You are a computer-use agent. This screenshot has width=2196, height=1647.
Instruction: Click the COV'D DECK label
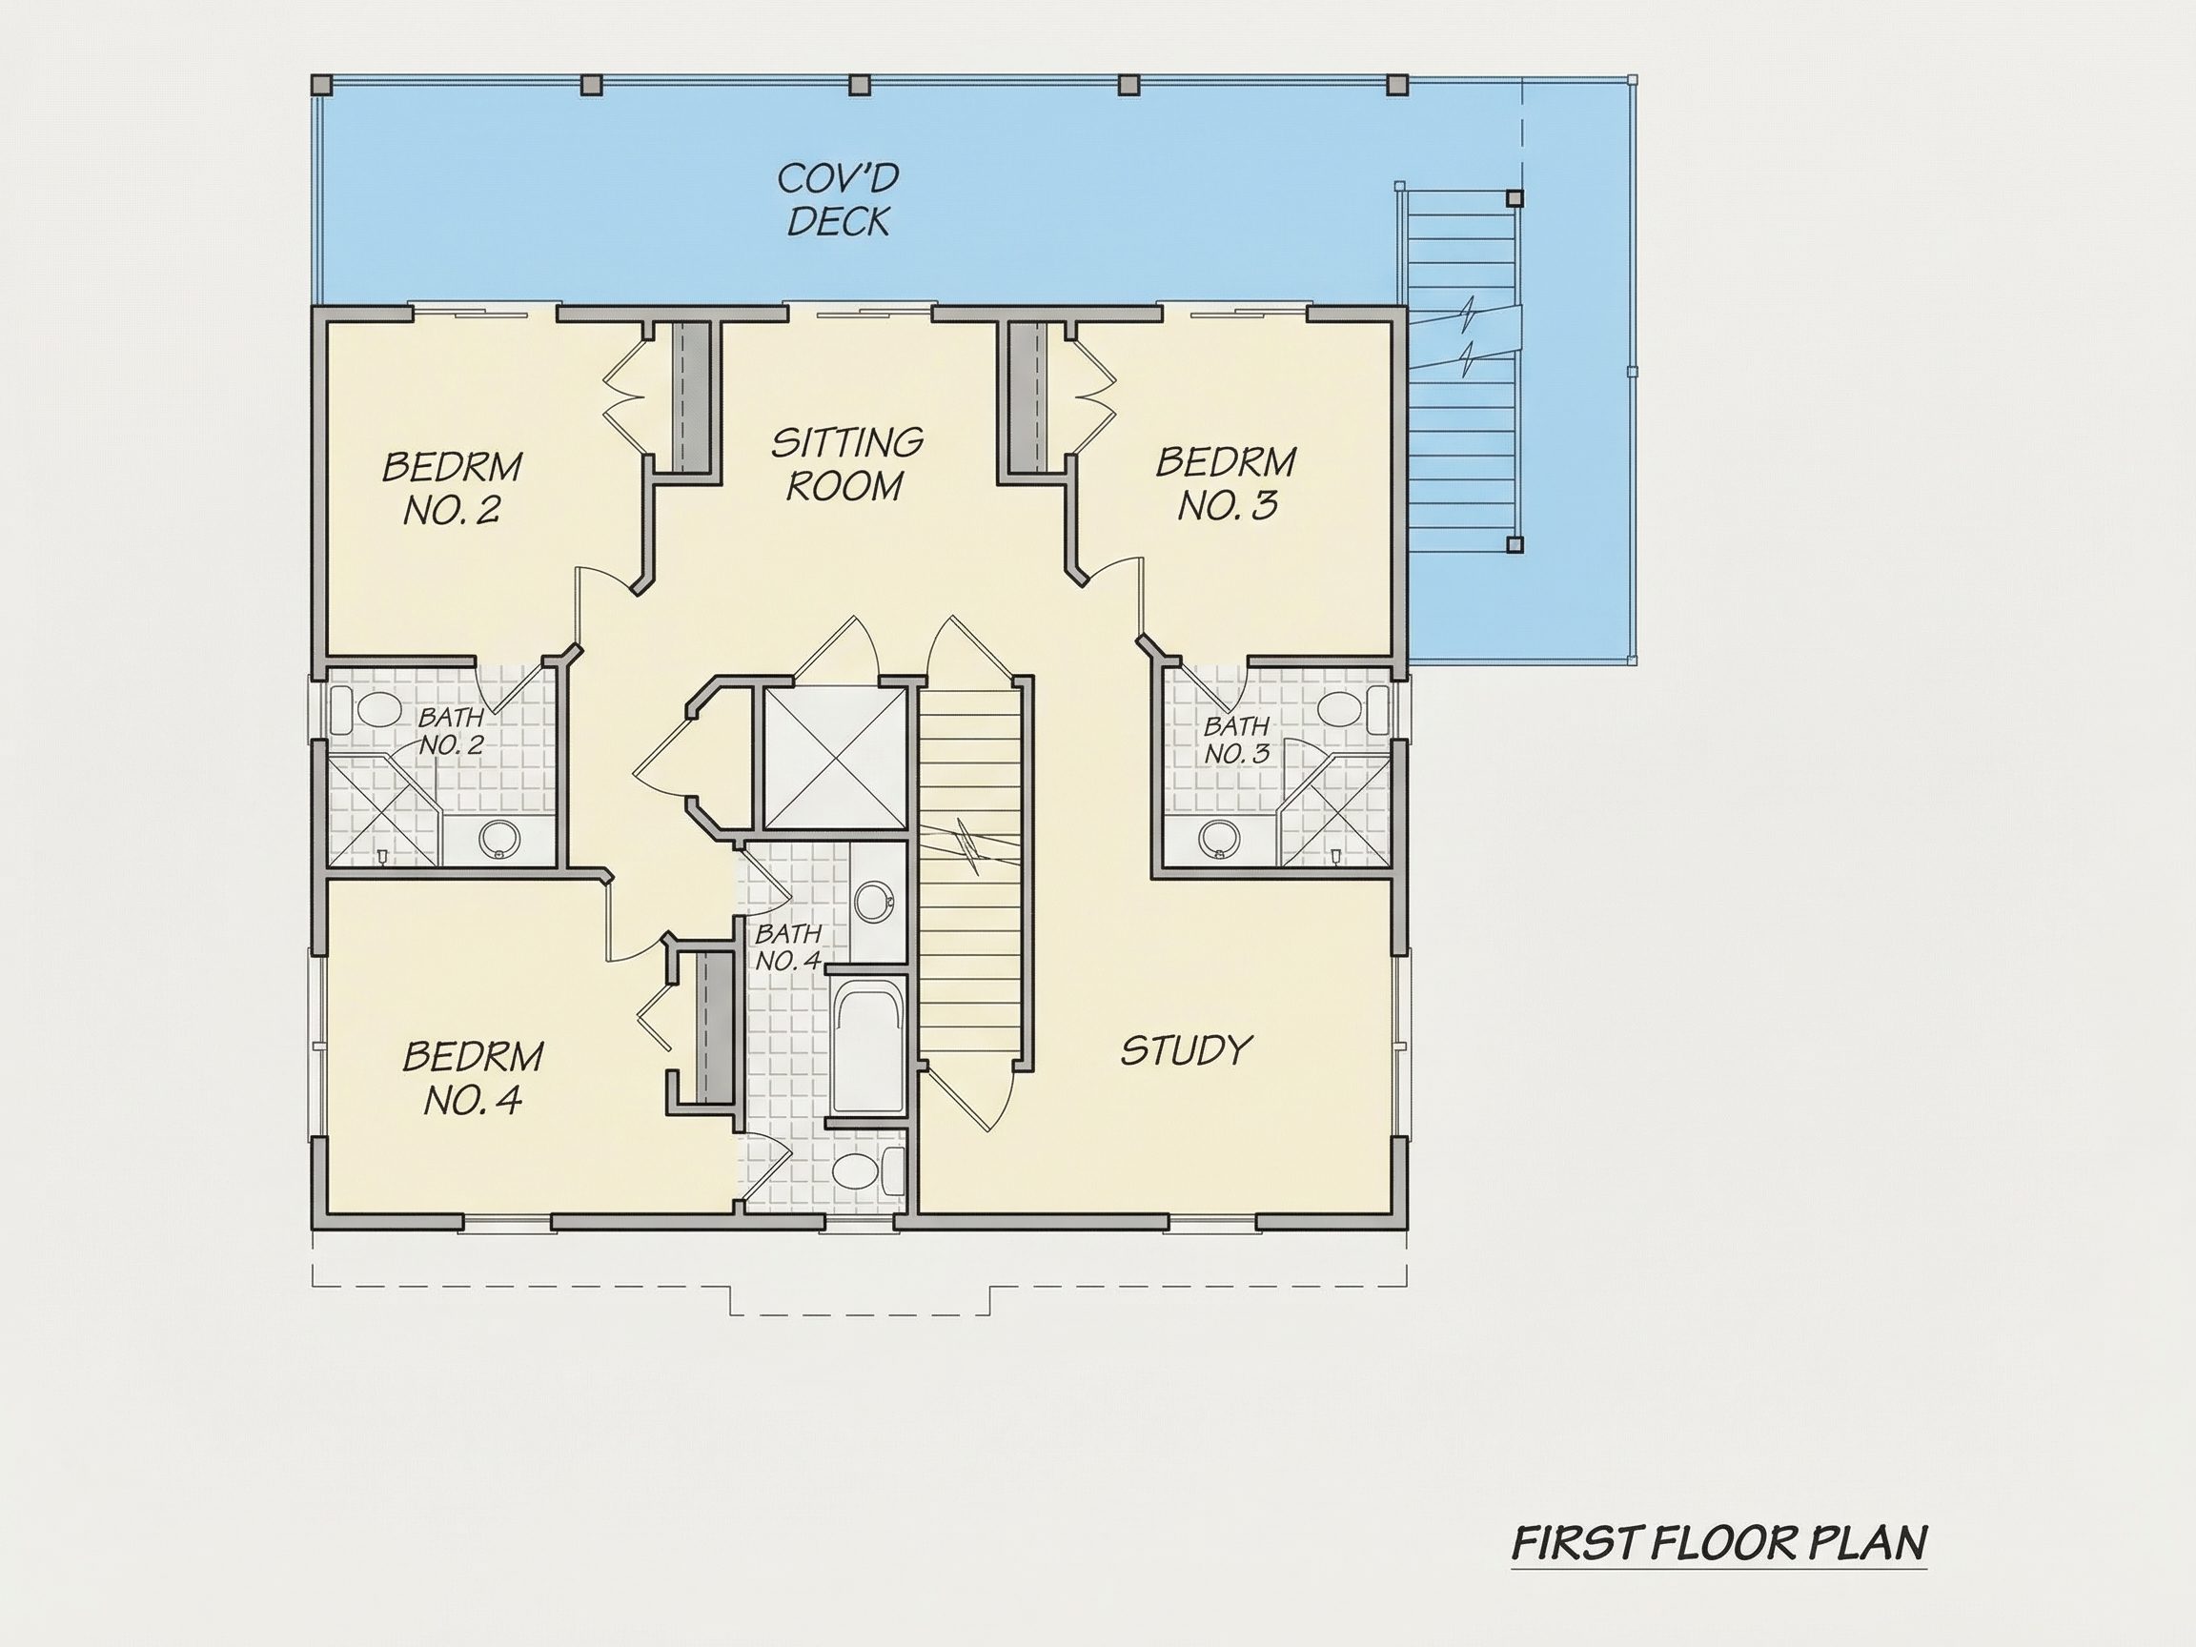[x=839, y=199]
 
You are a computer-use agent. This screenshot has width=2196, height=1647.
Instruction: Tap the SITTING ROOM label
[x=846, y=463]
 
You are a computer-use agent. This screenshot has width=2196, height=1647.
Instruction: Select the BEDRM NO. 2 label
[x=453, y=487]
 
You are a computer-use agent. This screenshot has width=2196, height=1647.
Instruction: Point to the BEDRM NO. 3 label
[x=1226, y=483]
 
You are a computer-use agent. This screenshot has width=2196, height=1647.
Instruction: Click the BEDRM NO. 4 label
[x=474, y=1077]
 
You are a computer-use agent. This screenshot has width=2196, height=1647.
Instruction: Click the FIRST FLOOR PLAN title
[x=1718, y=1543]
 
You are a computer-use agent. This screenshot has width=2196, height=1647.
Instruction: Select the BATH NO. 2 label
[x=451, y=730]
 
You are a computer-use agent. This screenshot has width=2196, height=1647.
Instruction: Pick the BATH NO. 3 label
[x=1237, y=740]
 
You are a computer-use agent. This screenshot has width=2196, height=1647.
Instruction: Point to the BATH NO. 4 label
[x=788, y=947]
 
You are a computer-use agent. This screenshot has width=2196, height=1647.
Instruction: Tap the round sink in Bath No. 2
[x=498, y=840]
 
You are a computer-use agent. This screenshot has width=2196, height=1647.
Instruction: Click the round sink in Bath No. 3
[x=1219, y=840]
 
